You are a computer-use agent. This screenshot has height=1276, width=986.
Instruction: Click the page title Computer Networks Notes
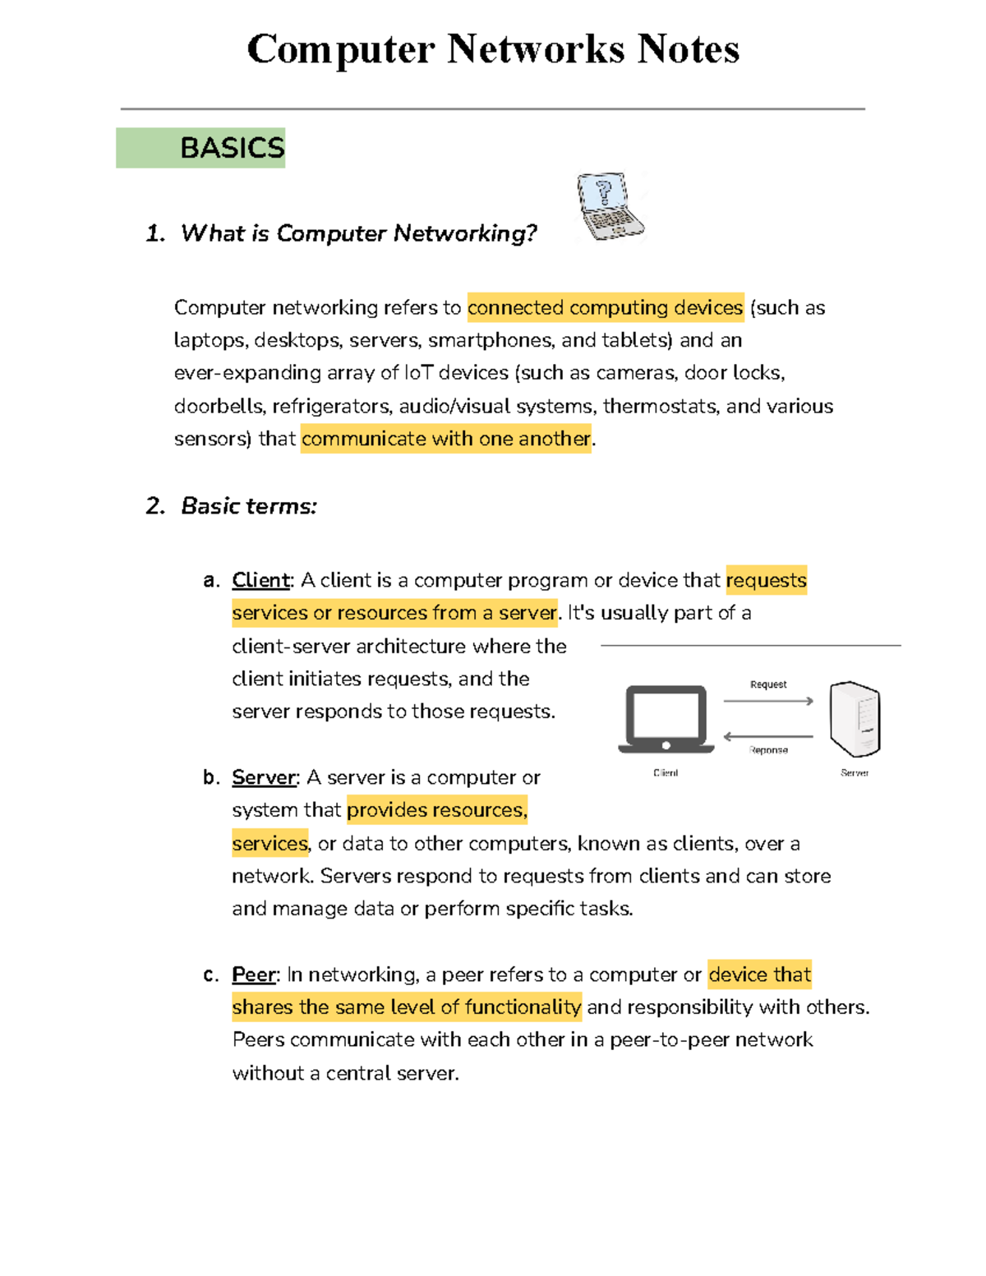493,49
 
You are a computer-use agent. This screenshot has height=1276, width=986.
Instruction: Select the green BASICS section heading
201,148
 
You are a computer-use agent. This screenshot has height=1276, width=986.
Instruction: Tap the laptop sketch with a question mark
610,206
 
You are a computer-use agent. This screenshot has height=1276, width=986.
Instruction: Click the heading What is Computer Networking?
358,233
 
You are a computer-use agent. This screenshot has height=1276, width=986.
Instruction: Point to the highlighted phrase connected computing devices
606,308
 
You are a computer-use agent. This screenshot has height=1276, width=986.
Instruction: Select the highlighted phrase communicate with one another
445,439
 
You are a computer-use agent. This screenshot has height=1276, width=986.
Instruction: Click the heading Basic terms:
248,506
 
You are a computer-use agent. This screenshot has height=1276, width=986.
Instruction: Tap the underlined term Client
260,580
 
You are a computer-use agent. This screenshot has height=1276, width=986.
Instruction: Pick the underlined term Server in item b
263,777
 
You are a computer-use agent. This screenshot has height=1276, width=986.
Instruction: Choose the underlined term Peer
253,974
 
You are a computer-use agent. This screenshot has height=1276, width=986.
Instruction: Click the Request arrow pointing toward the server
768,701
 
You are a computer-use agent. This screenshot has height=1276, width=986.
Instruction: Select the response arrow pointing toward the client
768,736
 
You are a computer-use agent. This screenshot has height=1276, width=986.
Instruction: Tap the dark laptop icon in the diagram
666,719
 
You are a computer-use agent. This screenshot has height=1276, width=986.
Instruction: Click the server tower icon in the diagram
855,719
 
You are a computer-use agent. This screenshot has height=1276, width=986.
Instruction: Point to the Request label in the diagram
768,684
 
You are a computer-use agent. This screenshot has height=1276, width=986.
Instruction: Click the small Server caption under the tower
855,773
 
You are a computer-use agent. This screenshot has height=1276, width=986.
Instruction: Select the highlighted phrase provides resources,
436,810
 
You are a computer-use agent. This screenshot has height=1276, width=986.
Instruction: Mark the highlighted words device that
759,974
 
